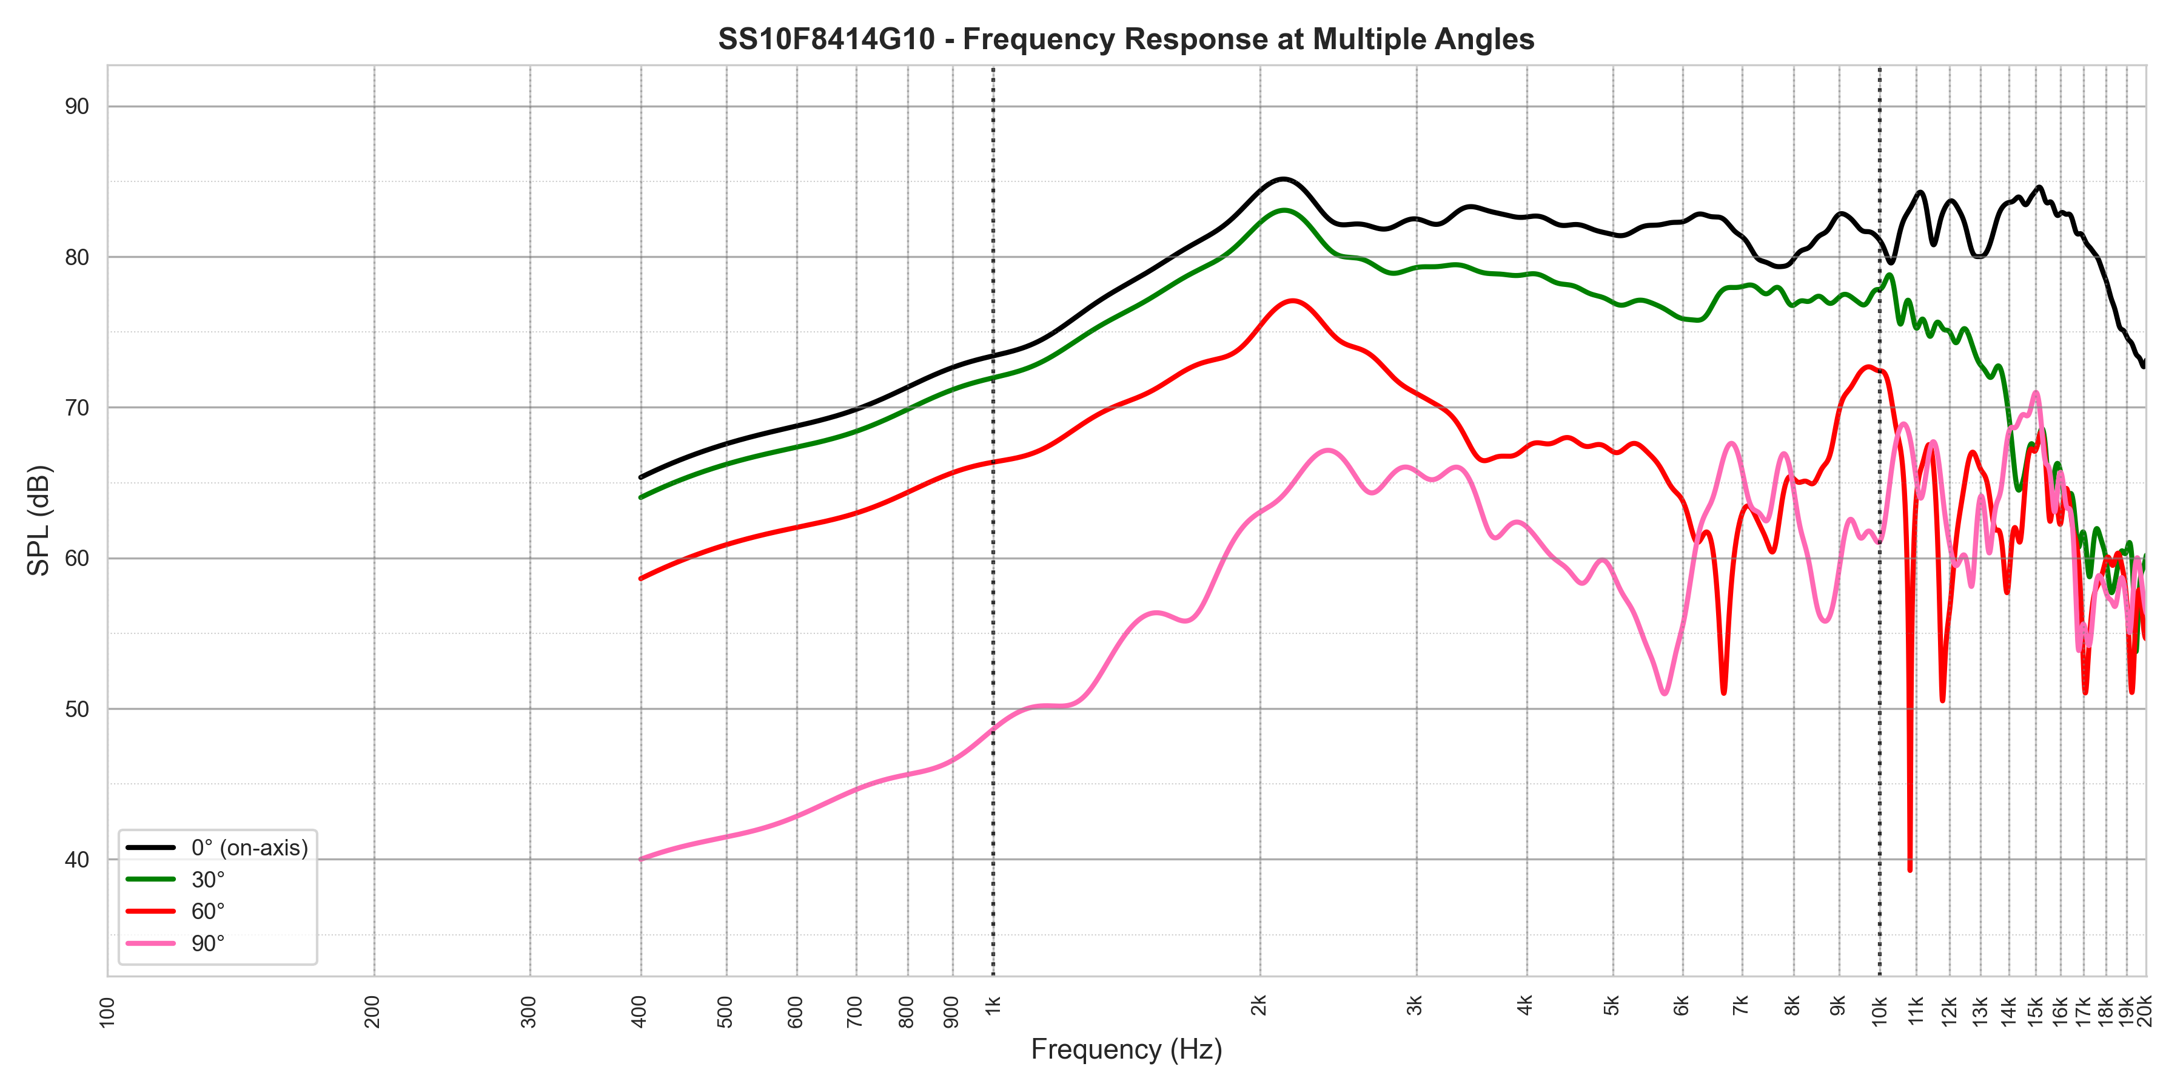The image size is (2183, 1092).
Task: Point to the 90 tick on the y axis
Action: pyautogui.click(x=77, y=107)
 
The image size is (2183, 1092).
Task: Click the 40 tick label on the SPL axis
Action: pyautogui.click(x=77, y=860)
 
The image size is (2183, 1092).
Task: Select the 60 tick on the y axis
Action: pyautogui.click(x=77, y=559)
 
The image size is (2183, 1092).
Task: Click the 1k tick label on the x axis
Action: pyautogui.click(x=993, y=1005)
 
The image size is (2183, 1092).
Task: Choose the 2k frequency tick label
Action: pyautogui.click(x=1259, y=1005)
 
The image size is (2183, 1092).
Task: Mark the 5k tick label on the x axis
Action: pyautogui.click(x=1612, y=1005)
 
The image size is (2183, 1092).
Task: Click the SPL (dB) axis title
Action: pyautogui.click(x=39, y=520)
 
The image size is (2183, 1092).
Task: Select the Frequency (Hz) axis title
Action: pyautogui.click(x=1125, y=1050)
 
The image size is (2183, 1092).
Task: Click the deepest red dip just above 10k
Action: pyautogui.click(x=1910, y=869)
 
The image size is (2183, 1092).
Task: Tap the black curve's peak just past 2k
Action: pyautogui.click(x=1283, y=179)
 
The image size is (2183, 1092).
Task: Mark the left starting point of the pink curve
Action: pyautogui.click(x=642, y=859)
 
